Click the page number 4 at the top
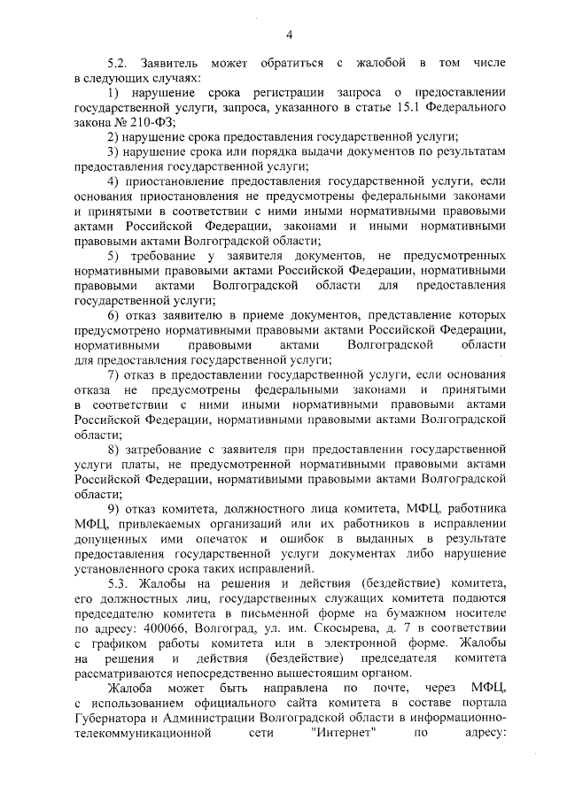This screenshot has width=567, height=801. click(289, 35)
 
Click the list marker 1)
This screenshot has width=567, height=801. click(113, 93)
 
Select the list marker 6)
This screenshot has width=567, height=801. click(113, 315)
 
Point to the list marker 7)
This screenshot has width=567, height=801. click(113, 374)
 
